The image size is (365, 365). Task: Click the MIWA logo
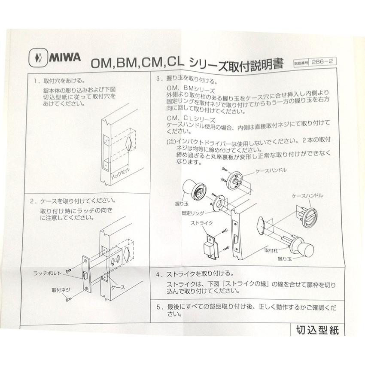[55, 57]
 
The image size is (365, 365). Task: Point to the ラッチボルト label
[48, 273]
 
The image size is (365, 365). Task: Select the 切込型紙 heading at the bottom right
[318, 331]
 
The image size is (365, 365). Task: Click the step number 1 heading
[35, 80]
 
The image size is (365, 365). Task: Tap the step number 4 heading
[159, 274]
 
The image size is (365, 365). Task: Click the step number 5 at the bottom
[159, 307]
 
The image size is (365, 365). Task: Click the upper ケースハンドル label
[271, 170]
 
